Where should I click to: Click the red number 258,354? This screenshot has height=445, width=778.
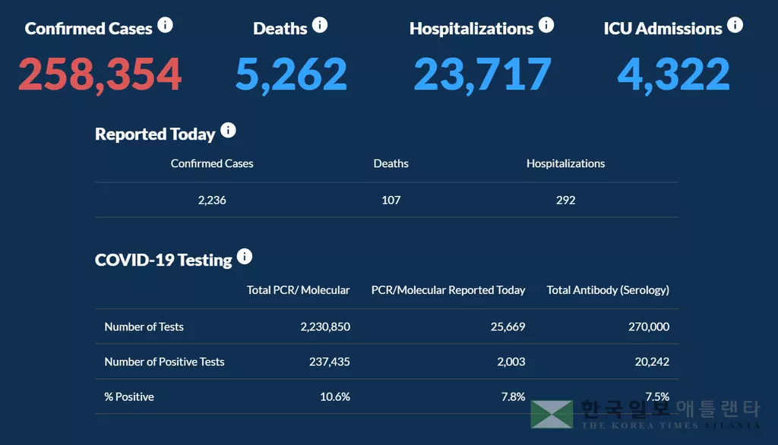click(x=100, y=74)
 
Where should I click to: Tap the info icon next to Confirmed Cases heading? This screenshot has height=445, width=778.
click(x=165, y=26)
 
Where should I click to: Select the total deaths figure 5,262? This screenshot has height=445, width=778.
click(x=291, y=74)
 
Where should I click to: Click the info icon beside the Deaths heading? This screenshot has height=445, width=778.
click(x=320, y=26)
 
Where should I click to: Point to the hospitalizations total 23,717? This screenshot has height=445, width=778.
click(x=482, y=74)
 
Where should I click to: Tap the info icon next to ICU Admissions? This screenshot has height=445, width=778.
click(x=735, y=26)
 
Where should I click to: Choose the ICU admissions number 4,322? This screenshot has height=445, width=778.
click(x=673, y=74)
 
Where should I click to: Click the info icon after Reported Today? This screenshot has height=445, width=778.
click(x=228, y=131)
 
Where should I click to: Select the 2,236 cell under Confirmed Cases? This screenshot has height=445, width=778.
click(x=212, y=200)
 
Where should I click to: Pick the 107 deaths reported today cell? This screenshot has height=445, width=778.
click(x=391, y=200)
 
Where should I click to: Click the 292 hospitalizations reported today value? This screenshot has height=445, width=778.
click(x=565, y=200)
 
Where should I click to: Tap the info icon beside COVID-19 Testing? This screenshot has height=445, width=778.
click(x=245, y=257)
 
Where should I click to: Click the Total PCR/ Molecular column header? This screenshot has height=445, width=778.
click(x=299, y=290)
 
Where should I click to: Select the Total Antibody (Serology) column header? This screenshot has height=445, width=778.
click(x=608, y=290)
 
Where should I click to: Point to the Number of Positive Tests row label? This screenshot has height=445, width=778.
click(x=164, y=361)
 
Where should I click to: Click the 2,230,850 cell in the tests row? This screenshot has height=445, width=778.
click(x=325, y=327)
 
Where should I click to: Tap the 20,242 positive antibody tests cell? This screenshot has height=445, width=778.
click(x=652, y=361)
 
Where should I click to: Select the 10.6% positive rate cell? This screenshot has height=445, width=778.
click(x=335, y=396)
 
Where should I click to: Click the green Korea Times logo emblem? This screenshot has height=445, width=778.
click(x=552, y=414)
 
